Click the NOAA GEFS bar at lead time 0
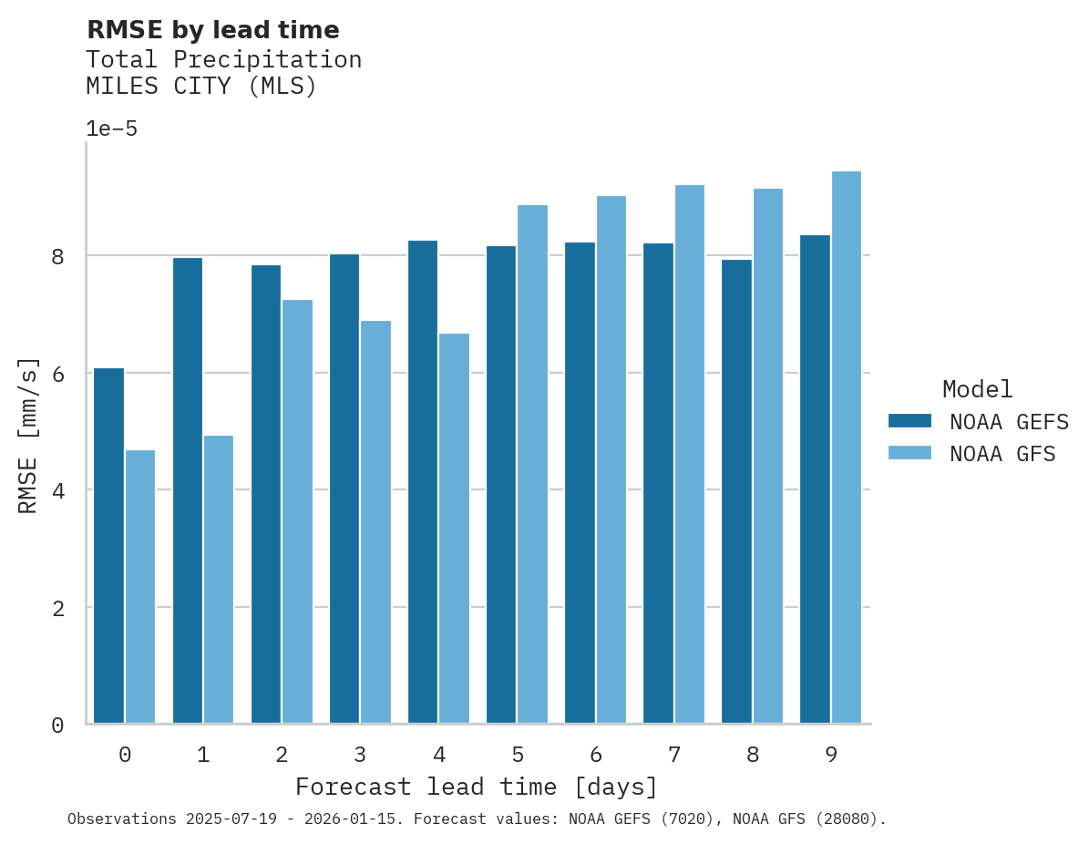(x=108, y=546)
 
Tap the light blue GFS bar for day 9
(x=847, y=448)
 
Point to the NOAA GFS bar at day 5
(x=532, y=465)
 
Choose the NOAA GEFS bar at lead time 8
(x=736, y=492)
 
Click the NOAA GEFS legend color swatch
(x=909, y=421)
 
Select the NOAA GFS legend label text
(x=1002, y=454)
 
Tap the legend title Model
(x=977, y=389)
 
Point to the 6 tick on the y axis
(x=57, y=374)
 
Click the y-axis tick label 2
(x=57, y=608)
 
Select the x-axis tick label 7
(x=674, y=755)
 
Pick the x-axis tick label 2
(x=282, y=755)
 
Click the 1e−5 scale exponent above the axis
(x=111, y=129)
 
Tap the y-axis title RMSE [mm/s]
(x=28, y=435)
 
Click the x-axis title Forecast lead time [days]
(x=476, y=787)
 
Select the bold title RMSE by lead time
(x=212, y=30)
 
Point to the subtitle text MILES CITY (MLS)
(x=200, y=87)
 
